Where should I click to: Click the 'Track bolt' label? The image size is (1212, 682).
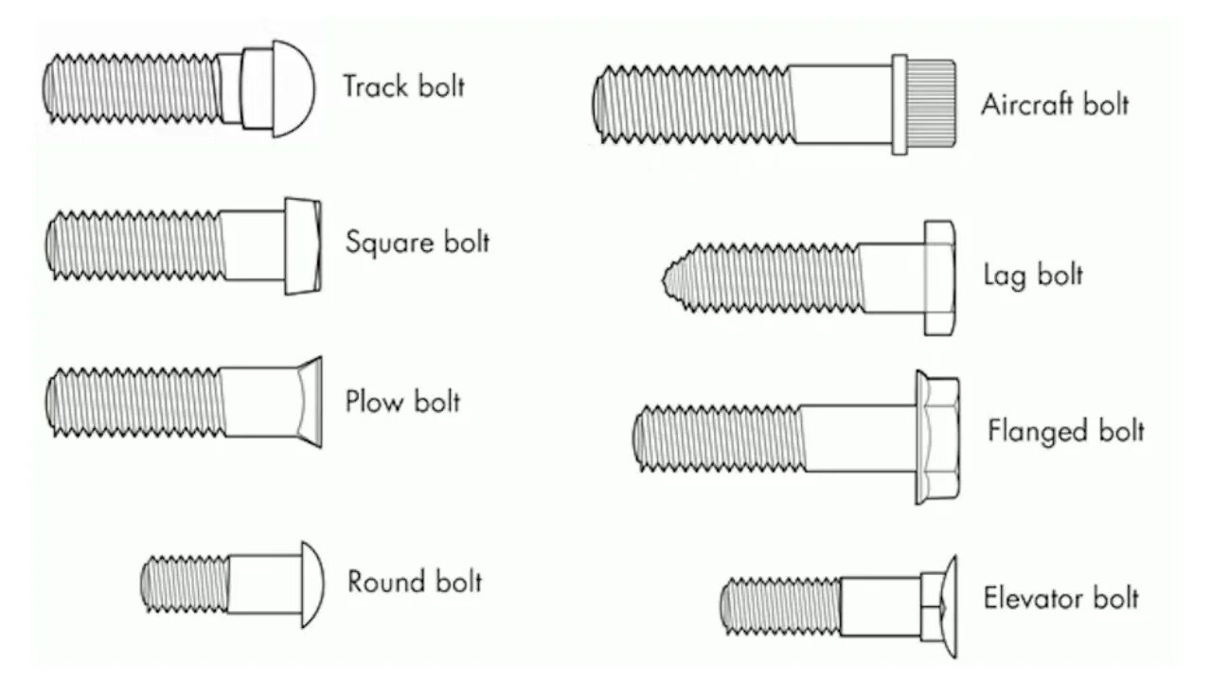[404, 86]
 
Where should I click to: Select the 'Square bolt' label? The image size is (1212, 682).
[418, 242]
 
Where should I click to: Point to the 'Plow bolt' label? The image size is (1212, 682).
[402, 401]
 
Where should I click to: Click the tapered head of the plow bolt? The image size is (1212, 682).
[309, 403]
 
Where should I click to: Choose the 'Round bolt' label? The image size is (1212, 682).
[415, 581]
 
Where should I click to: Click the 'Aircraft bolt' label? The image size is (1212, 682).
[1055, 104]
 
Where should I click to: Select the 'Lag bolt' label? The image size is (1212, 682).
[1033, 276]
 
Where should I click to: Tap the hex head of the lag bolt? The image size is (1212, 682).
[938, 277]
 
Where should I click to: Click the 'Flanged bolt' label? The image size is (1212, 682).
[1066, 432]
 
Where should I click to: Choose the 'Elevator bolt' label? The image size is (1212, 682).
[1060, 599]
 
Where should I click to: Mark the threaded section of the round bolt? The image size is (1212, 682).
[186, 583]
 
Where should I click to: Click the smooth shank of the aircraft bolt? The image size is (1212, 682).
[841, 103]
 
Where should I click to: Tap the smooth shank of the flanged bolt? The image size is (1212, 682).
[858, 437]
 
